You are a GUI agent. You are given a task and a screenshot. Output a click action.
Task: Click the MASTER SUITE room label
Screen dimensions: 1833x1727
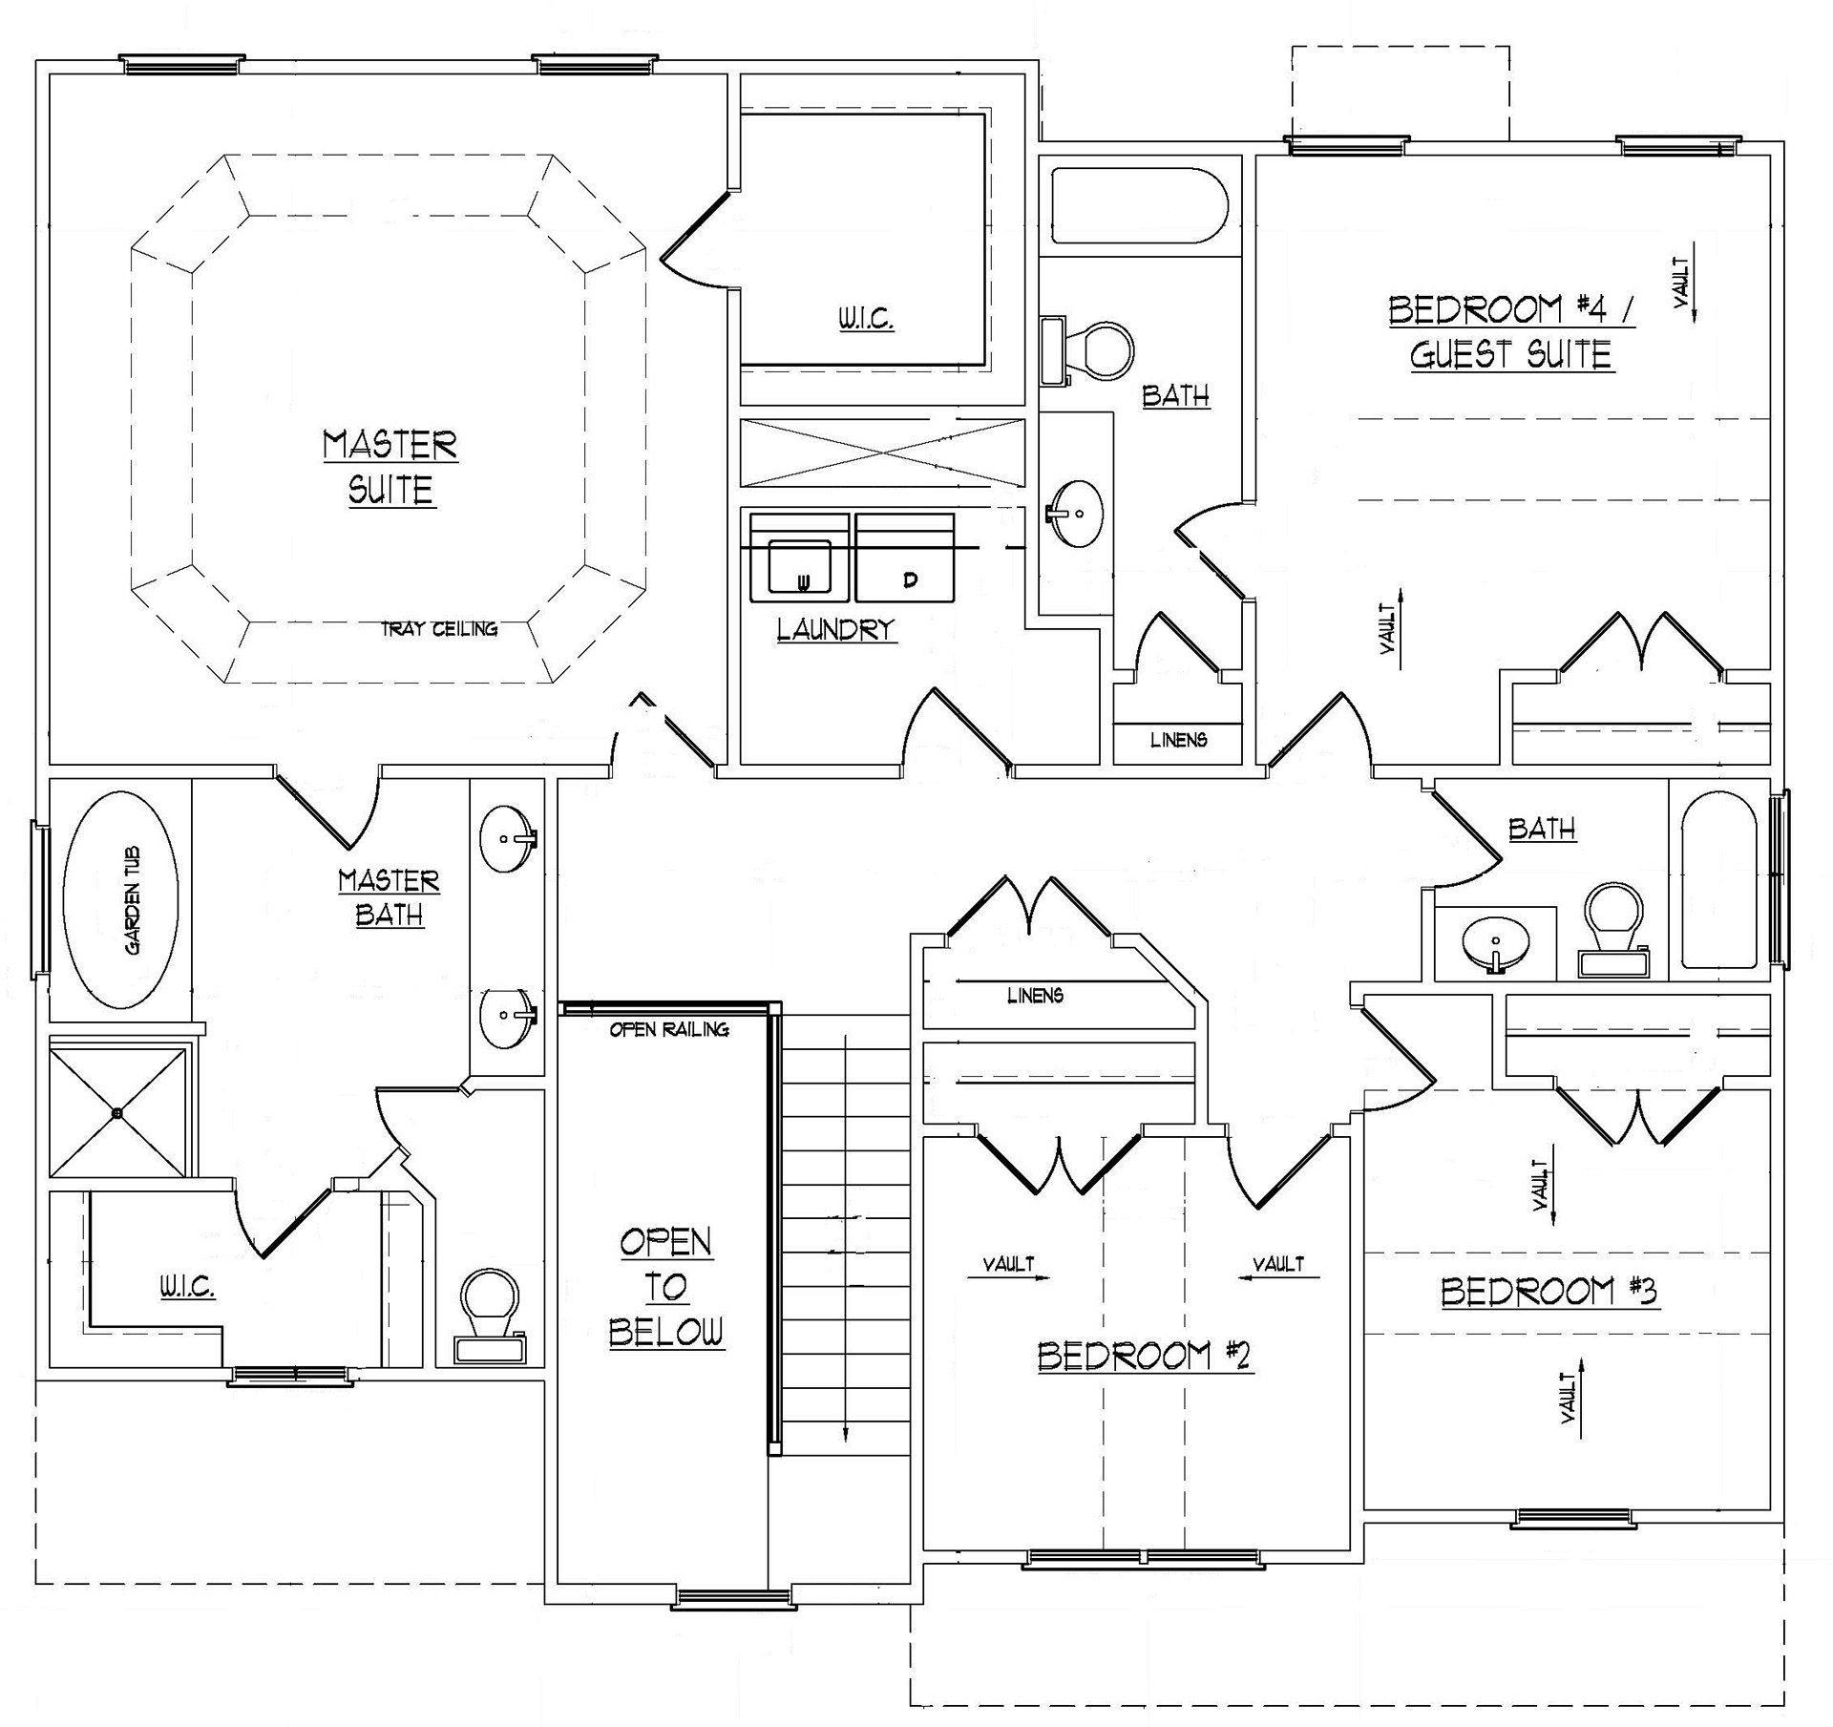390,467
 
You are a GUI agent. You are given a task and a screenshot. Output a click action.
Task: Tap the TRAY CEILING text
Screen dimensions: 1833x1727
439,629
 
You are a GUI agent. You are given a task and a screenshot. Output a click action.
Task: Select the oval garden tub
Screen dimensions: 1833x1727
120,900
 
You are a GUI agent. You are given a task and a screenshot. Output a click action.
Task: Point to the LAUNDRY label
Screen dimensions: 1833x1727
836,629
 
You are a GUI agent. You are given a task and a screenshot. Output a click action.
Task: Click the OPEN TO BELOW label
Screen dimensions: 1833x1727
666,1287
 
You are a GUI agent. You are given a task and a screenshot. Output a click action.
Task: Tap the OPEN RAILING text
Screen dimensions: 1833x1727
669,1030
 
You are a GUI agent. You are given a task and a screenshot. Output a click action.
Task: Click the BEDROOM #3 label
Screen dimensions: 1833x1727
1549,1292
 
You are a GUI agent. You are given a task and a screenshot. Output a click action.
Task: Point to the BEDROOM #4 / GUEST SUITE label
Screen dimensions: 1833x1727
1512,331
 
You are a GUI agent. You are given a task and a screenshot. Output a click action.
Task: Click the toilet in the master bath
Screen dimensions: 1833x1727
490,1316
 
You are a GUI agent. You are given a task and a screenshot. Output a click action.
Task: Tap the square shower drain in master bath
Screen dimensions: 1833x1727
116,1112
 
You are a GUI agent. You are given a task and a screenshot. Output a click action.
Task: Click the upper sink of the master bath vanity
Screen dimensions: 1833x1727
506,838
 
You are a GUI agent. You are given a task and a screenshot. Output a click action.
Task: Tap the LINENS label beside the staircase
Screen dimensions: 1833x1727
1035,996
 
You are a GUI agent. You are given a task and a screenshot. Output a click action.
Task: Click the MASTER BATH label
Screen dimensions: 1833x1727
390,896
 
